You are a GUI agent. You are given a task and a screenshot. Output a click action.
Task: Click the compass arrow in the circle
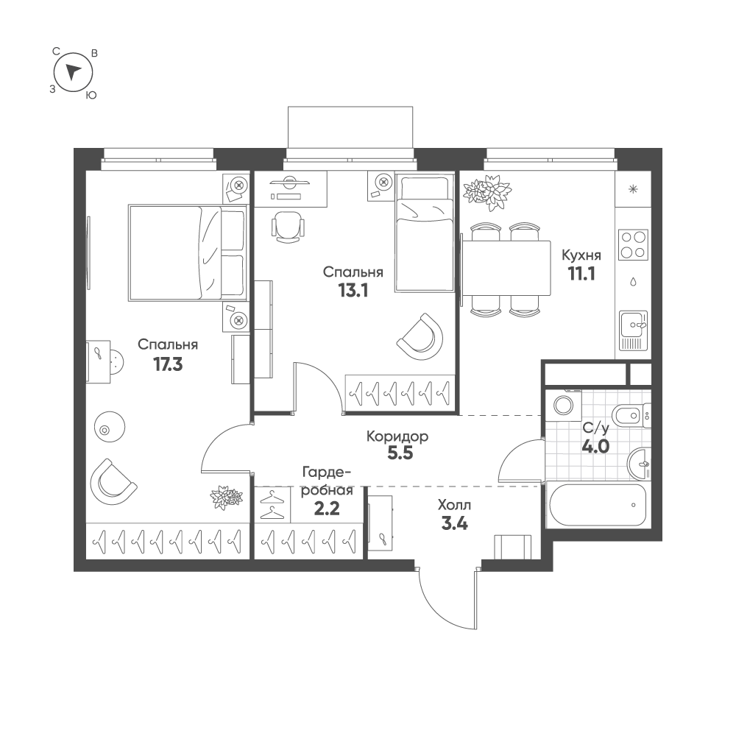click(73, 71)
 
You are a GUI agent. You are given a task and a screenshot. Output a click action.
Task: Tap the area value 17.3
click(168, 364)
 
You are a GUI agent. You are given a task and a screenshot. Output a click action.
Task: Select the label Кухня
click(581, 255)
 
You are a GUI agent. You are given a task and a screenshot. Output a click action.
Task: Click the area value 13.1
click(353, 291)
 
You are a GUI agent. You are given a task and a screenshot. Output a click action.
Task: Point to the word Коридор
click(397, 437)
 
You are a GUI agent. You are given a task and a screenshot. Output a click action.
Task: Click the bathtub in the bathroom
click(598, 506)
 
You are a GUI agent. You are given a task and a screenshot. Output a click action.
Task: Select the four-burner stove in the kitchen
click(633, 244)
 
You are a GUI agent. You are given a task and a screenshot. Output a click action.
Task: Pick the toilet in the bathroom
click(631, 415)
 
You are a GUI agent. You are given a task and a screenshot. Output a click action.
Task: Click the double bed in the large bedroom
click(188, 252)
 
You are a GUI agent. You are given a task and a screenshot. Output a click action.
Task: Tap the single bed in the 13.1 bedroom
click(425, 233)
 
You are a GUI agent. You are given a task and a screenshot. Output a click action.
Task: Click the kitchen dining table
click(506, 268)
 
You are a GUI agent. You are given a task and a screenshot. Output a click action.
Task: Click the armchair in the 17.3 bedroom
click(113, 482)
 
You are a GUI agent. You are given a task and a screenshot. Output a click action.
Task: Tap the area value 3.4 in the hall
click(454, 523)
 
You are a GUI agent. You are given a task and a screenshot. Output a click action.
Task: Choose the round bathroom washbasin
click(640, 462)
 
